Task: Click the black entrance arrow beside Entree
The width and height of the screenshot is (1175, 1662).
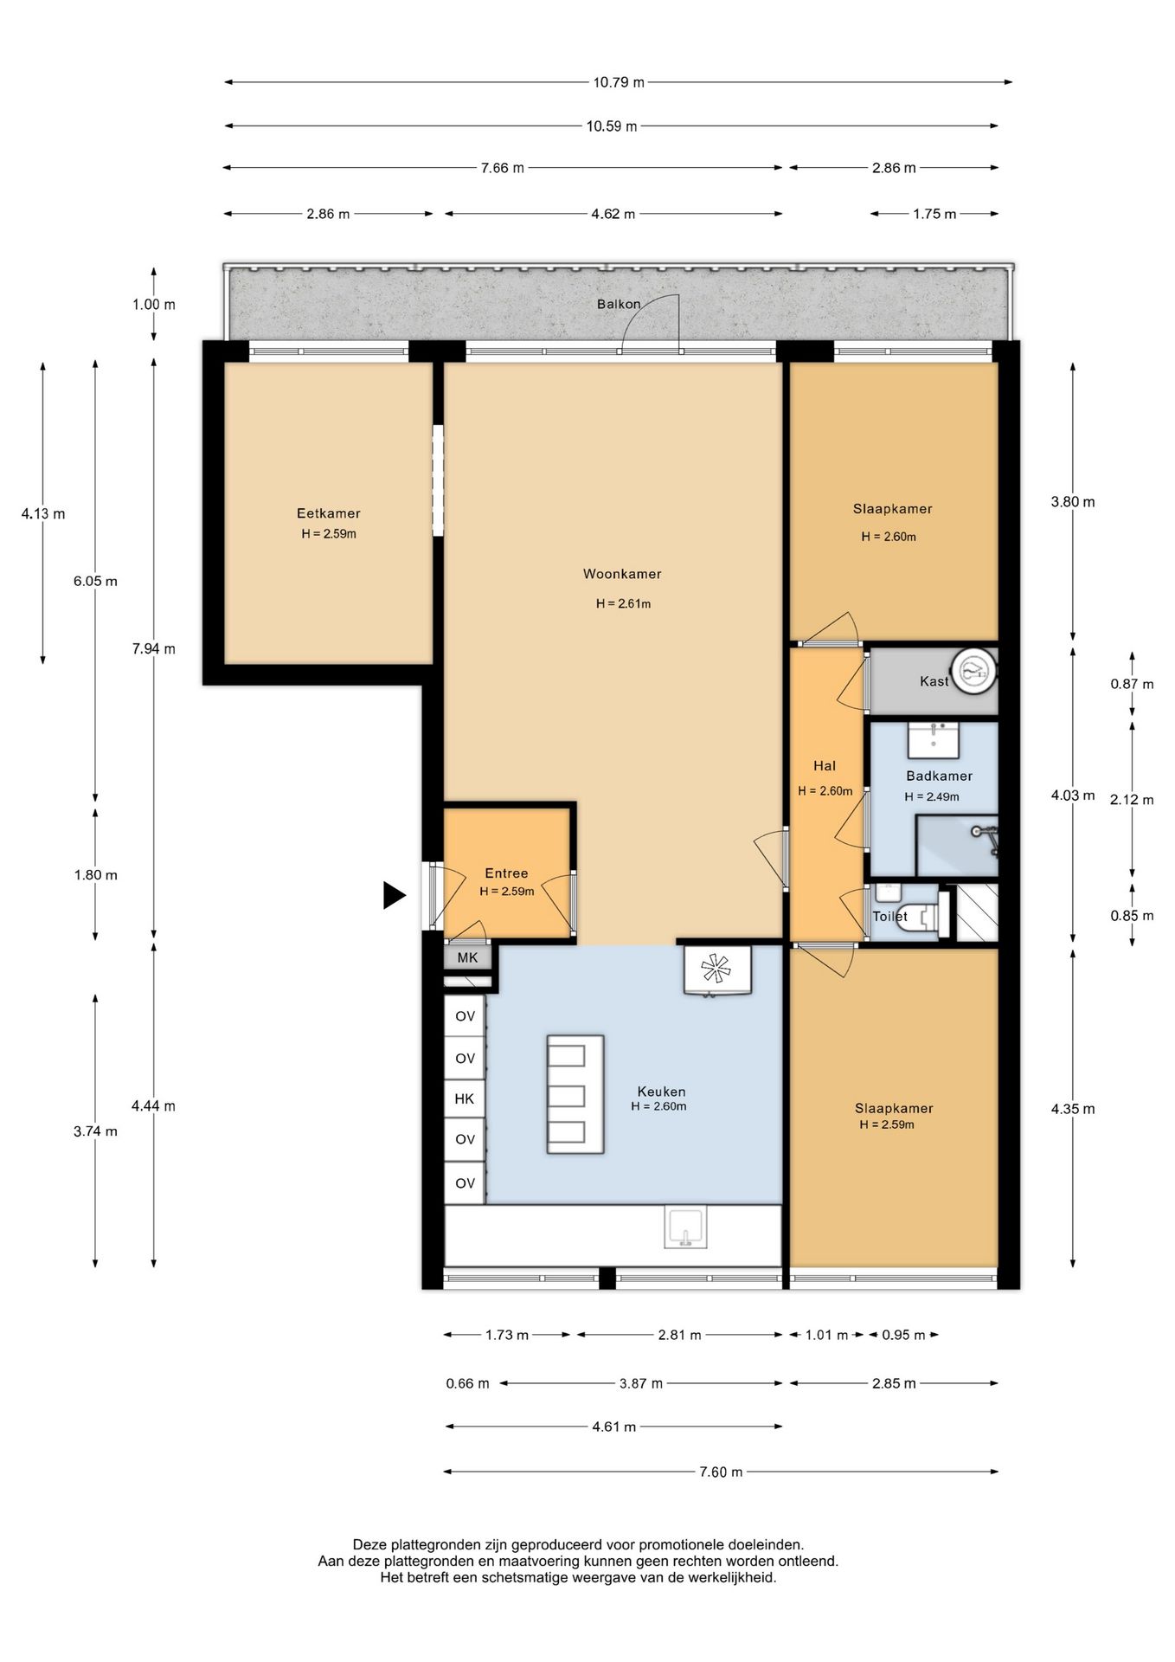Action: (x=394, y=895)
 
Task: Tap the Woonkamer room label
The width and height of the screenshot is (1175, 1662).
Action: (x=622, y=574)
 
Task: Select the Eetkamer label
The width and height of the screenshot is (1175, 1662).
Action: (x=328, y=513)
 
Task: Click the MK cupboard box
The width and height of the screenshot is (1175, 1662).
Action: (x=467, y=957)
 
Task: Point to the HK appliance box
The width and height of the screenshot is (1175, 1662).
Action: (x=465, y=1098)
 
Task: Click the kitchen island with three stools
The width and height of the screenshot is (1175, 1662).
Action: (x=575, y=1094)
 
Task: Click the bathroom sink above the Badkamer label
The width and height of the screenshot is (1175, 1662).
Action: (x=933, y=740)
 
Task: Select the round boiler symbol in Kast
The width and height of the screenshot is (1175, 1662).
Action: (x=973, y=671)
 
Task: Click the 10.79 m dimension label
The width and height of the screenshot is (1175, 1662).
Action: (x=619, y=83)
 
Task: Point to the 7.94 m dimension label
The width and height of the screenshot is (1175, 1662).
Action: (x=154, y=649)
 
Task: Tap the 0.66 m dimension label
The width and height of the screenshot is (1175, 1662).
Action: (x=468, y=1383)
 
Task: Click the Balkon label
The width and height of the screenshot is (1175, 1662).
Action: (x=619, y=304)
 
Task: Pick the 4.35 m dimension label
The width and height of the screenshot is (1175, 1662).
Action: (x=1073, y=1109)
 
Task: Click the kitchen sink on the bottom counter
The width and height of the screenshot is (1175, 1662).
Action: (x=685, y=1227)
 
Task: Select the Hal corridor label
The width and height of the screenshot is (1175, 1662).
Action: (x=825, y=765)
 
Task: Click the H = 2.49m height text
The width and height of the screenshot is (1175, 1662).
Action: (x=932, y=797)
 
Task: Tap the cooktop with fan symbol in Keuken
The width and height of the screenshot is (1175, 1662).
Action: (x=716, y=969)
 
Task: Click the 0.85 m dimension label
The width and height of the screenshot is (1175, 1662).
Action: (x=1132, y=916)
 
